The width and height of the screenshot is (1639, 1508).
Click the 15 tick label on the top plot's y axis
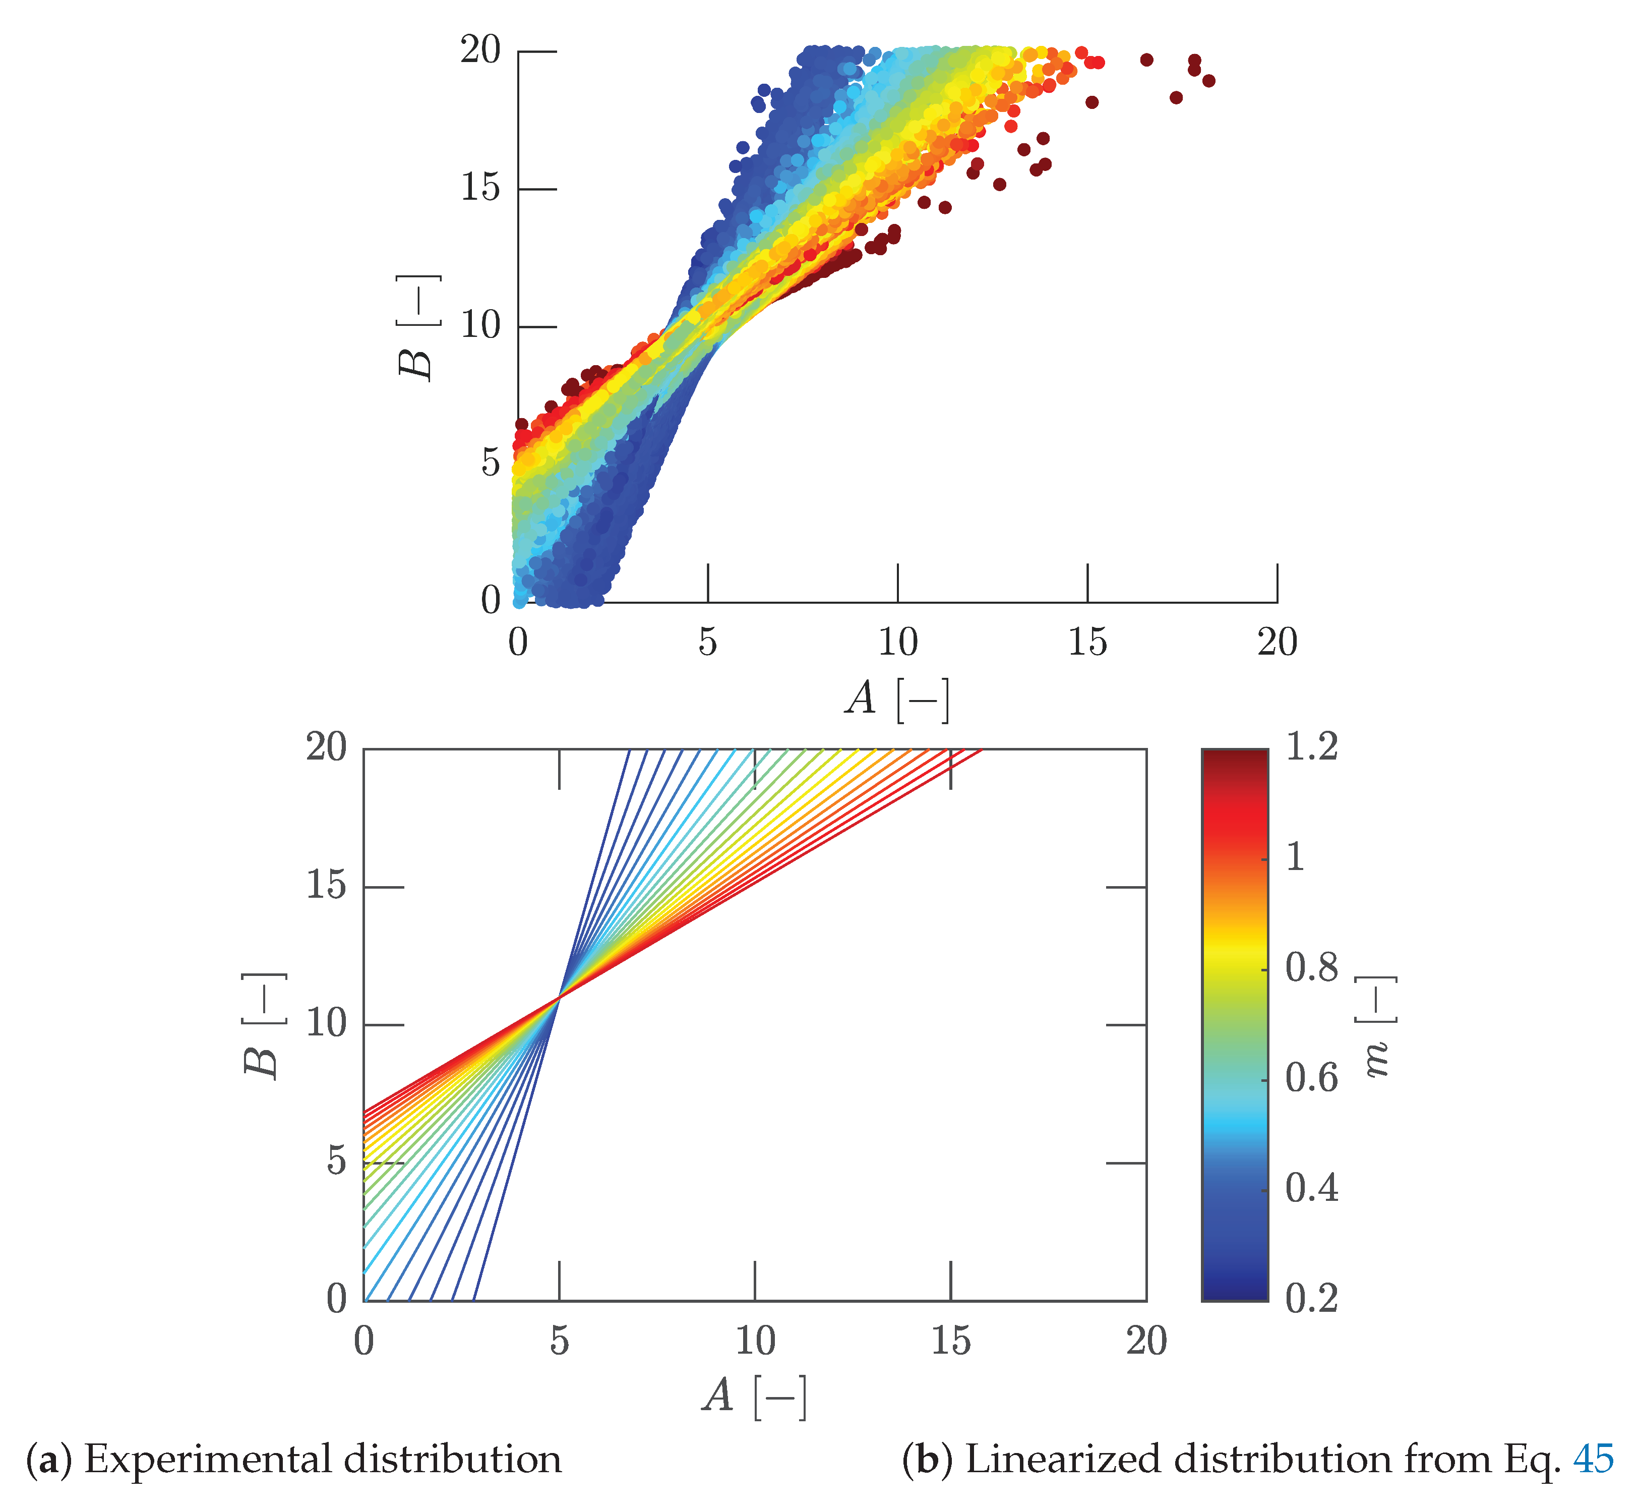(x=480, y=189)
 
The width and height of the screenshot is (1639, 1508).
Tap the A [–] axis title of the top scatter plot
(x=897, y=699)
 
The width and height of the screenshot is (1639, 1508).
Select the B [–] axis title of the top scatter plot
(x=418, y=326)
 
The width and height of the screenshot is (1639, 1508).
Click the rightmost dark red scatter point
(x=1208, y=81)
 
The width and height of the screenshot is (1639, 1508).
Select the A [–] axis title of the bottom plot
(x=755, y=1396)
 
